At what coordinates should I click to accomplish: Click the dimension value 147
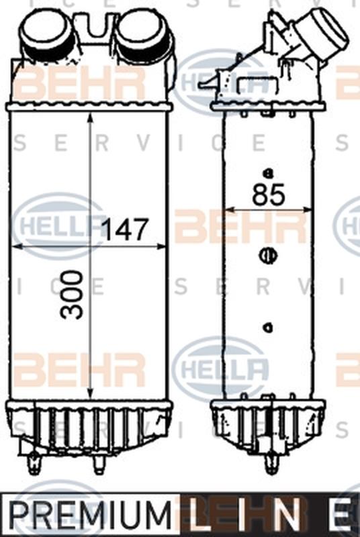click(x=124, y=230)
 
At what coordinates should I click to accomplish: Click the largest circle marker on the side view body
click(x=267, y=255)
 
